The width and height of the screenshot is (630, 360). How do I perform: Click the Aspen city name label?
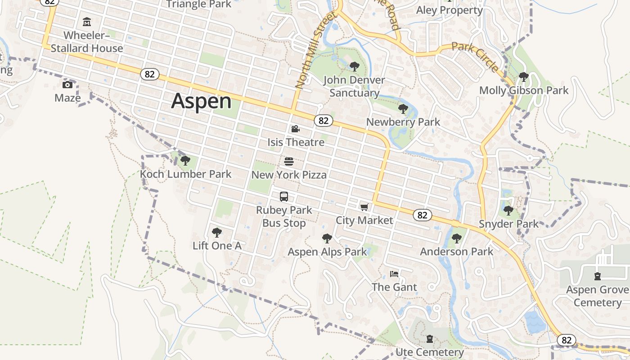(201, 101)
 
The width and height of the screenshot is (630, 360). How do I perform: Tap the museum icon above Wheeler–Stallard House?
(87, 22)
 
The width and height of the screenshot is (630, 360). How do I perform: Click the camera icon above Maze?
(67, 85)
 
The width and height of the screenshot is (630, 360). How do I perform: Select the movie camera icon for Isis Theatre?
(295, 129)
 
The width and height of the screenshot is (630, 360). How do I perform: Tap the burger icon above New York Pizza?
(289, 162)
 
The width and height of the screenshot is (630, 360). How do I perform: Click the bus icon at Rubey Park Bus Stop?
(283, 197)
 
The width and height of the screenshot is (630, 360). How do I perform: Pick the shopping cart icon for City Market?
(364, 207)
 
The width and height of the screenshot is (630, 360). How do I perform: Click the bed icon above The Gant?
(394, 274)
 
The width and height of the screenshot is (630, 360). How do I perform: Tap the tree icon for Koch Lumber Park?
(185, 161)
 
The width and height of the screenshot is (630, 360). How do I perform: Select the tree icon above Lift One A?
(216, 233)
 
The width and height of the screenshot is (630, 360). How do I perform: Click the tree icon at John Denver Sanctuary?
(354, 67)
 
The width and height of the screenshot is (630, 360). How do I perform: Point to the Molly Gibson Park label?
(524, 90)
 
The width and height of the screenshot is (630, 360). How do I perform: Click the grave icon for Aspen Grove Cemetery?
(597, 276)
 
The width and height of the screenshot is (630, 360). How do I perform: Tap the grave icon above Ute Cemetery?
(430, 338)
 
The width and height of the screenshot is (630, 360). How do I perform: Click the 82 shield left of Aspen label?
(149, 74)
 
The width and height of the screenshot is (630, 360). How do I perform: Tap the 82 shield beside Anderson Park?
(422, 215)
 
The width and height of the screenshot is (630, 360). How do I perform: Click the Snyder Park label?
(508, 224)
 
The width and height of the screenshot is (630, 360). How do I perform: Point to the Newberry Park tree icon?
(403, 108)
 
